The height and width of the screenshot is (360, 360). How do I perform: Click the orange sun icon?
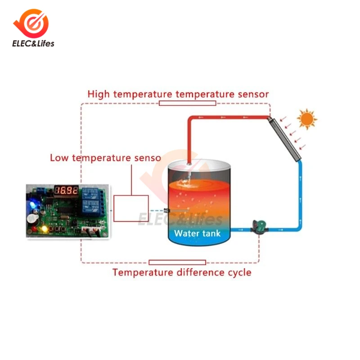[307, 119]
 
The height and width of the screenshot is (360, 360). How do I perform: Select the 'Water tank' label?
[197, 233]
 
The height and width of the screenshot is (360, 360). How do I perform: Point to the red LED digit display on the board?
[67, 191]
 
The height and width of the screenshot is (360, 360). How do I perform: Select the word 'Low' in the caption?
[59, 158]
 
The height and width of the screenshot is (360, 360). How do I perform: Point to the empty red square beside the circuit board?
[131, 208]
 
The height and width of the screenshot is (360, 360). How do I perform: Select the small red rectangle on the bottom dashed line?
[177, 262]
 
